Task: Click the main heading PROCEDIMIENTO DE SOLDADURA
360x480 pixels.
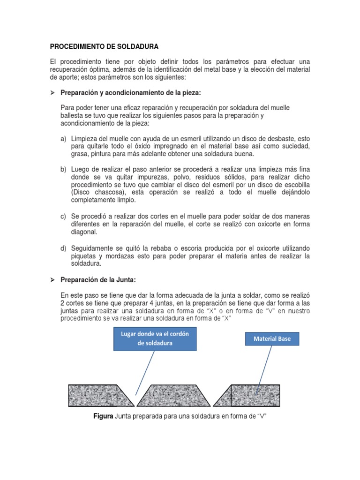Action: click(104, 47)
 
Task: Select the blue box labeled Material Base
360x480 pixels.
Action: click(272, 338)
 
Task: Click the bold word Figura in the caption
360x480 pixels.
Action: click(103, 416)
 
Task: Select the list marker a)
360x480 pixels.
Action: click(63, 140)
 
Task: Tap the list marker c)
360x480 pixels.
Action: click(63, 216)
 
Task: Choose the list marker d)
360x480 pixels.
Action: click(63, 247)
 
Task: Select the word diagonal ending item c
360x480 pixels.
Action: click(84, 232)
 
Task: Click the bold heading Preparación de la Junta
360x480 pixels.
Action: click(98, 280)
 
